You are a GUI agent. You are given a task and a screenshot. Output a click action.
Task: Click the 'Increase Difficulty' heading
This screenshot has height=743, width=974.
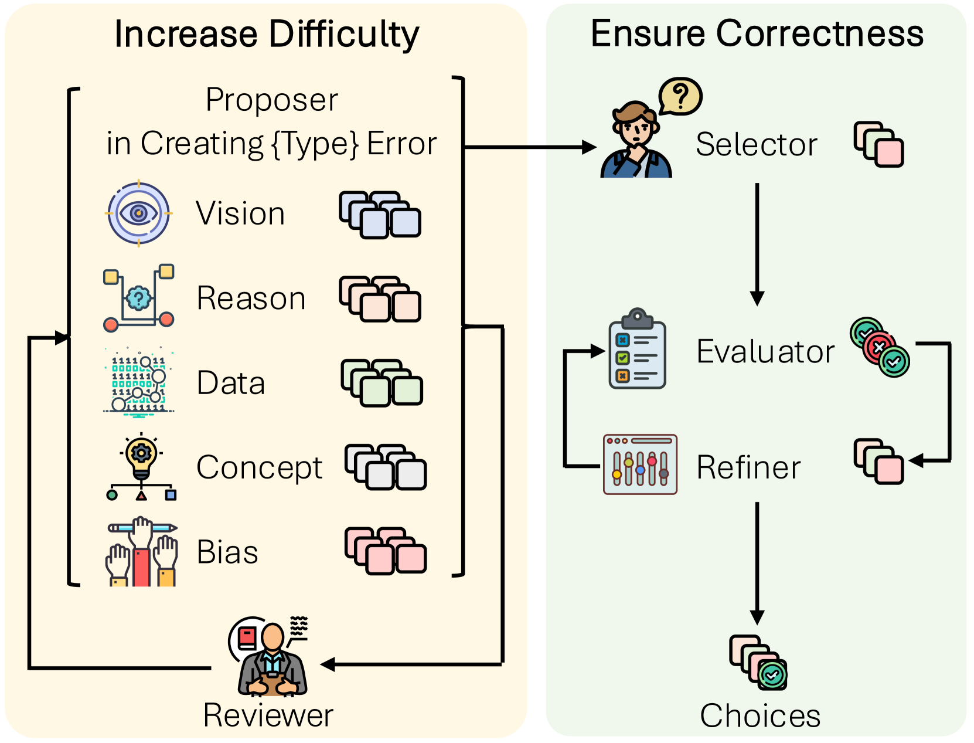(x=267, y=34)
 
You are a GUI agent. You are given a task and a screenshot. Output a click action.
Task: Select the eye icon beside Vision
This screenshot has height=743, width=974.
(x=138, y=213)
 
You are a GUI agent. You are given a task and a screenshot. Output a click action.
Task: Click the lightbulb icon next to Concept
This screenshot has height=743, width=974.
(x=141, y=467)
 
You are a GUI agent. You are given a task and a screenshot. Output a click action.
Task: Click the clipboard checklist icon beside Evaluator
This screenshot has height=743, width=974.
(x=637, y=349)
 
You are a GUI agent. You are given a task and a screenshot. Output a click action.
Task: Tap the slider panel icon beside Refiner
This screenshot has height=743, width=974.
(x=640, y=464)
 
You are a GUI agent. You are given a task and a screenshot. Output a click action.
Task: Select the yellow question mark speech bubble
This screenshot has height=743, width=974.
(x=680, y=96)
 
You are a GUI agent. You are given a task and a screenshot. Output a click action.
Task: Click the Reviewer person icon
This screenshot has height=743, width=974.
(x=271, y=657)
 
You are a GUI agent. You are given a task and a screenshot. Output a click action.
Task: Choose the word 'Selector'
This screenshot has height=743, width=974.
(x=756, y=144)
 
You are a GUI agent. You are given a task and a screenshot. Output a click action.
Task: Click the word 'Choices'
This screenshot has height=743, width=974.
(x=760, y=715)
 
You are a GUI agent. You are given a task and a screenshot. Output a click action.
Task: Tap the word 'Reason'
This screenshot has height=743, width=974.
(x=251, y=298)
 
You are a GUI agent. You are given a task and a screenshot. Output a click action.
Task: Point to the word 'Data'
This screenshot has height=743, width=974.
(x=231, y=383)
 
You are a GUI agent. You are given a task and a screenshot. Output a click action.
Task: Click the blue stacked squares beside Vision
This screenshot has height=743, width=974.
(x=380, y=215)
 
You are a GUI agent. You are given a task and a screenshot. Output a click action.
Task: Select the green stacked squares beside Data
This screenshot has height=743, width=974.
(x=382, y=383)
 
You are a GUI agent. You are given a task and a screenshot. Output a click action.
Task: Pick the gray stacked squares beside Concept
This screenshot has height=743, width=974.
(x=385, y=467)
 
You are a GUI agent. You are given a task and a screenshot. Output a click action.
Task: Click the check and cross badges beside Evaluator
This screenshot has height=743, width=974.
(x=880, y=348)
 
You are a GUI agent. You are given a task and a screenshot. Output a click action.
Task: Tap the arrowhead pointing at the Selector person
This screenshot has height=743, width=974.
(x=588, y=147)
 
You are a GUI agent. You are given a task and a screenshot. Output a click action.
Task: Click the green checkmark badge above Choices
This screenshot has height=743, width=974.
(x=772, y=675)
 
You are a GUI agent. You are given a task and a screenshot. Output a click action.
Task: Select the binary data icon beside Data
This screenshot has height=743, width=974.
(x=139, y=383)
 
